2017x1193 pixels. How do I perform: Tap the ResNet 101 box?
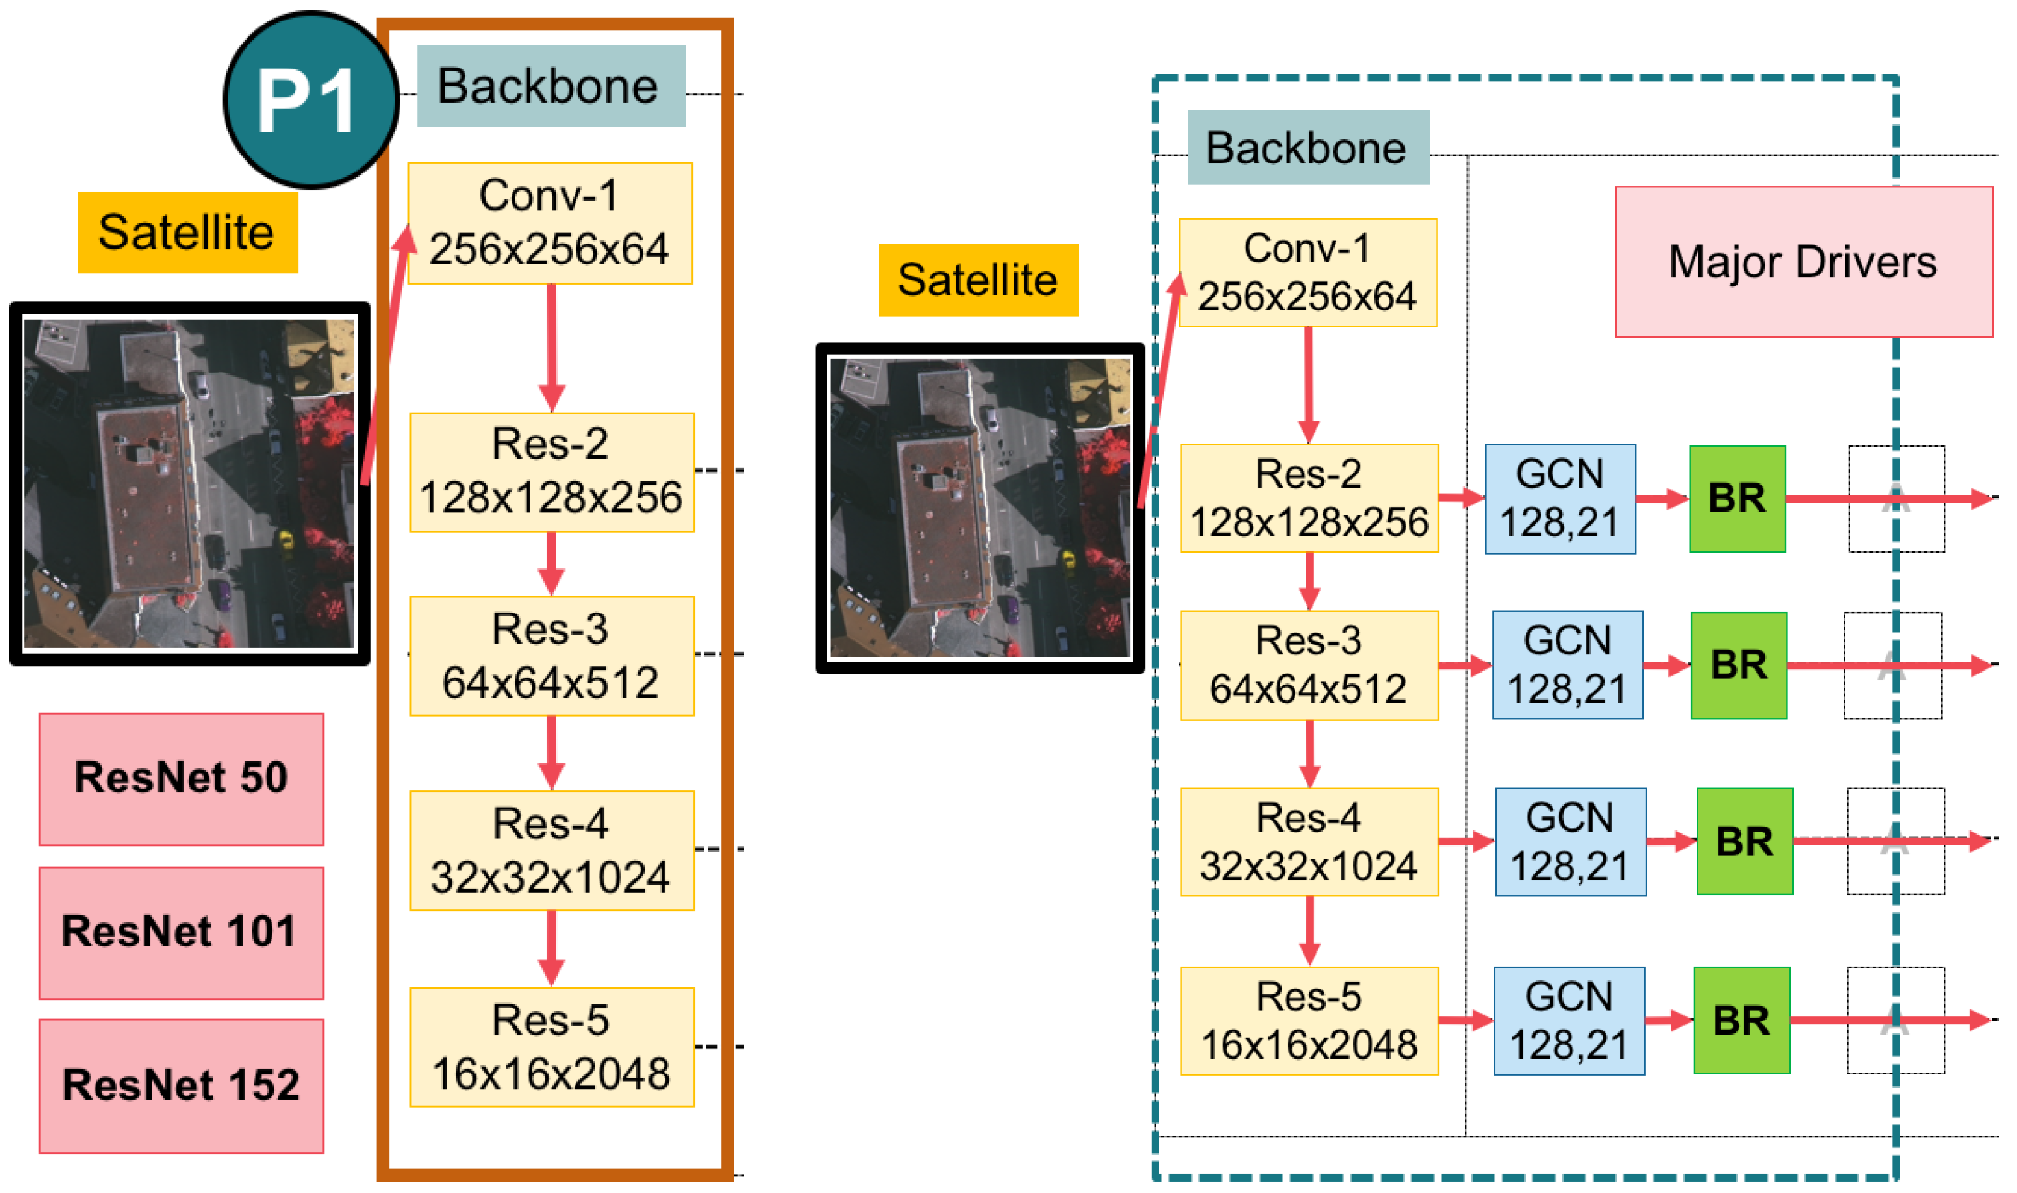182,932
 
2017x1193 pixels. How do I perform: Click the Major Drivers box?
1803,262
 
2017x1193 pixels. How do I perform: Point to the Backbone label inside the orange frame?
551,86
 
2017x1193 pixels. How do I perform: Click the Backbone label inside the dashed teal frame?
1307,148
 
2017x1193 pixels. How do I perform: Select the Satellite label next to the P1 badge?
187,232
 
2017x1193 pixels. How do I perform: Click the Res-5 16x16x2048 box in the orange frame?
551,1047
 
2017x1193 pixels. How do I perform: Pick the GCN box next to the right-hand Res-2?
1559,498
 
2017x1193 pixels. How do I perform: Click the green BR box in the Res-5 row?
1741,1020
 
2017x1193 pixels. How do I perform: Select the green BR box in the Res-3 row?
1738,665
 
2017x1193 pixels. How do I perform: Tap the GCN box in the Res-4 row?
1570,842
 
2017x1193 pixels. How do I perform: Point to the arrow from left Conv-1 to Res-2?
551,346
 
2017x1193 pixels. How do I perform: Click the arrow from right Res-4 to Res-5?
1309,930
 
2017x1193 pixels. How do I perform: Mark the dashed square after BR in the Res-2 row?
1896,498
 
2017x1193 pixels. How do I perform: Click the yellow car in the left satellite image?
285,539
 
